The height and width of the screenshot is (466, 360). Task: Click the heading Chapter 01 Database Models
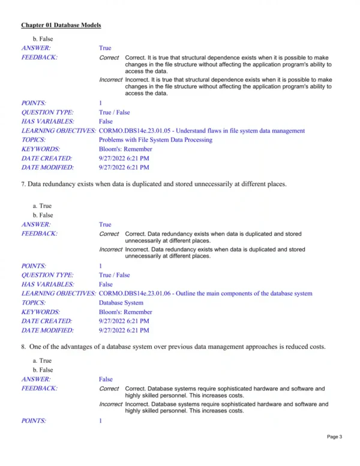(x=61, y=25)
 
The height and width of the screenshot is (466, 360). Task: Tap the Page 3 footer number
(x=334, y=453)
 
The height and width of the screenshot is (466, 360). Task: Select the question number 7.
(x=23, y=184)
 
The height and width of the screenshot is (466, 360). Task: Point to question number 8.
(x=23, y=346)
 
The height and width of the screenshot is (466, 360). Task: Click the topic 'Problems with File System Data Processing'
(x=155, y=139)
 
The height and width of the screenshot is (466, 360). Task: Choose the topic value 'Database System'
(x=121, y=303)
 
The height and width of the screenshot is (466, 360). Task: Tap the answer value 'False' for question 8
(x=106, y=380)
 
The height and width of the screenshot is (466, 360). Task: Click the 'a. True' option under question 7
(x=42, y=206)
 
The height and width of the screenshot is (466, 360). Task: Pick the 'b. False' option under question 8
(x=43, y=370)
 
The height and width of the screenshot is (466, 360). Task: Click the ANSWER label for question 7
(x=36, y=224)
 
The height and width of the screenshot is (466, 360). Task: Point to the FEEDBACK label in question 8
(x=40, y=389)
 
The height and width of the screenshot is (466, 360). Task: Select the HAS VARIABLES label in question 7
(x=47, y=284)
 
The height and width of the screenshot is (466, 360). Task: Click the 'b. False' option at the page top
(x=43, y=39)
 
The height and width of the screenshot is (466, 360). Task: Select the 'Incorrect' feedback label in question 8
(x=110, y=404)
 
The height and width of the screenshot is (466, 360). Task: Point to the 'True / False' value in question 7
(x=114, y=275)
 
